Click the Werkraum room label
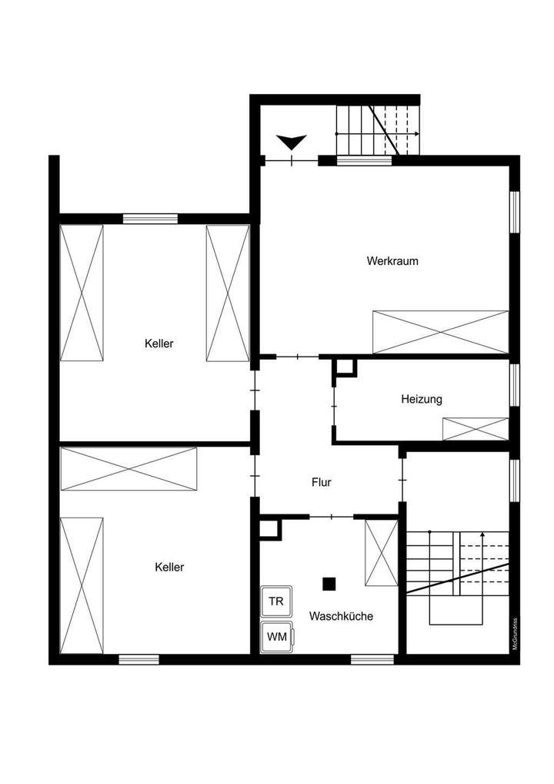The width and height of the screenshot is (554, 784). point(392,261)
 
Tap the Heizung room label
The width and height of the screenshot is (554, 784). point(421,399)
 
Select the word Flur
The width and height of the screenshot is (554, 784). point(321,483)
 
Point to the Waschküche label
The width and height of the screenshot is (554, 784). point(341,616)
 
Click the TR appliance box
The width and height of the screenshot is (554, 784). point(275,601)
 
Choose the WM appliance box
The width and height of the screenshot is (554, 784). point(276,637)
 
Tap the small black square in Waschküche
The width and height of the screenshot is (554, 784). point(329,584)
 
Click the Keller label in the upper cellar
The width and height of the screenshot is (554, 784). point(159,343)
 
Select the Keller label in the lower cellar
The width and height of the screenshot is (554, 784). point(169,567)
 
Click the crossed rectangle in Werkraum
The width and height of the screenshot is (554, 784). point(440,332)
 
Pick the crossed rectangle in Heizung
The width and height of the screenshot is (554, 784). point(475,429)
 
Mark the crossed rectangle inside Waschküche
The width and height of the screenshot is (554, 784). point(380,552)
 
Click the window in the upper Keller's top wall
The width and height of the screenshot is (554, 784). point(150,218)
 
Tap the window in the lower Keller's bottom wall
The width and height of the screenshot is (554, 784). point(138,658)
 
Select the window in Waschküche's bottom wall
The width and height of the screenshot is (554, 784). point(372,658)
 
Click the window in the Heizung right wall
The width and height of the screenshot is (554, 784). point(515,383)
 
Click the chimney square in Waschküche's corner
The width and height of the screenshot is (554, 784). point(269,528)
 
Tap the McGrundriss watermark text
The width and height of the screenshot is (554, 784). point(515,635)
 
